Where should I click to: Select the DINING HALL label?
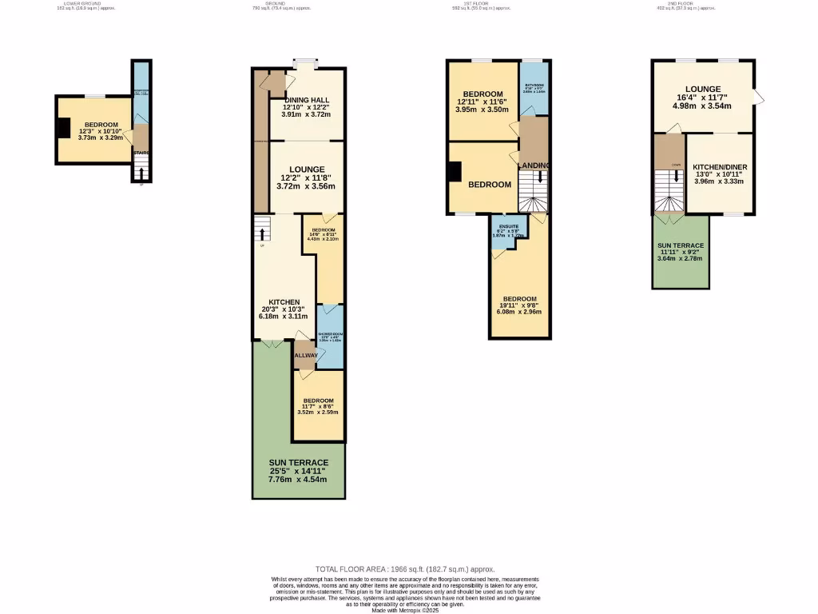(x=306, y=100)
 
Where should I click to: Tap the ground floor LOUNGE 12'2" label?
(x=307, y=169)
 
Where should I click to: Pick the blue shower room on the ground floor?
(x=330, y=336)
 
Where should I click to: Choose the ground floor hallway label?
(x=305, y=355)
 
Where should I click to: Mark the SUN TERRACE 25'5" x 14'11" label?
(x=299, y=463)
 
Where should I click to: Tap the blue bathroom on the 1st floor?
(x=533, y=88)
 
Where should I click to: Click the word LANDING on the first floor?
(x=534, y=165)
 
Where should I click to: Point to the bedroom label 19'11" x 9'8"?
(x=519, y=299)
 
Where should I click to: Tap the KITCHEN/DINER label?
(x=720, y=167)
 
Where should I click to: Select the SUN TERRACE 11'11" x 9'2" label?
(x=681, y=245)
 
